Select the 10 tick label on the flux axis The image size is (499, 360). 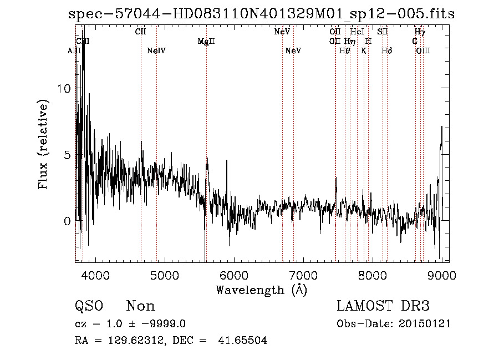(64, 89)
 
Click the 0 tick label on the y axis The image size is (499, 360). (68, 221)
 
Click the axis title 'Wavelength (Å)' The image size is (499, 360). (261, 290)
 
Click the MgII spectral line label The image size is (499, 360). (206, 42)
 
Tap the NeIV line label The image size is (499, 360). (156, 51)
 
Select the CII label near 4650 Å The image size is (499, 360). (141, 32)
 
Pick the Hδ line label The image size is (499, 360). (387, 51)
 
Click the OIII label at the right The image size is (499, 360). (423, 51)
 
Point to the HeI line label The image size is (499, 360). (358, 32)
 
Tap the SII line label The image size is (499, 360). (383, 32)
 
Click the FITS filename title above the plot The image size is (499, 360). (261, 14)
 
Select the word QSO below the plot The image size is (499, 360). (89, 306)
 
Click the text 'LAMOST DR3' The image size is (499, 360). (383, 306)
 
